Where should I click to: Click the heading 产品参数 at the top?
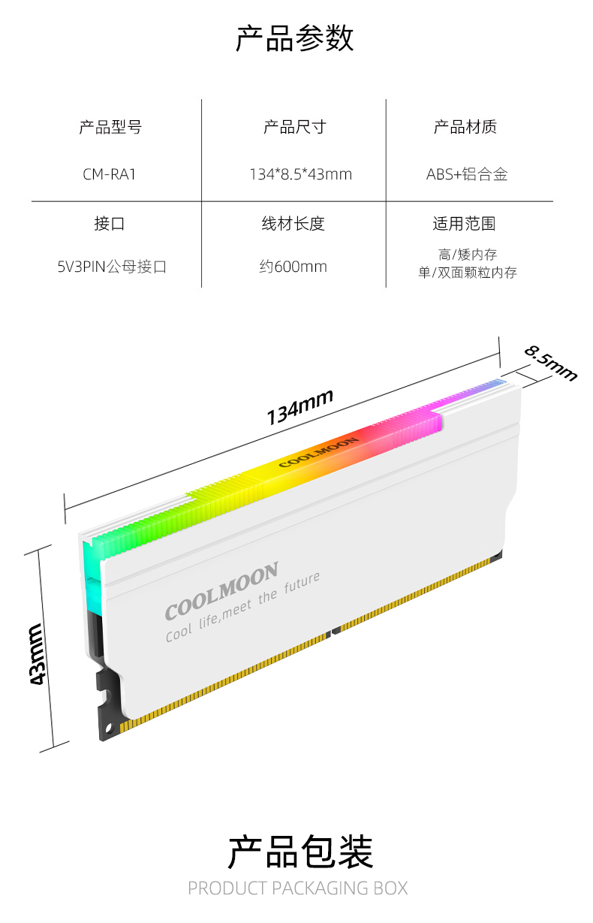pos(294,38)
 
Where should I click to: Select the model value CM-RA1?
pos(109,174)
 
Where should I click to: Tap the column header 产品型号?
pos(110,127)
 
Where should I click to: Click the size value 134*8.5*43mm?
pos(301,174)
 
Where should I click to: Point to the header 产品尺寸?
pos(295,127)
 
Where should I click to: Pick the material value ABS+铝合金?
pos(467,174)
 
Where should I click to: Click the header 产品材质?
pos(465,127)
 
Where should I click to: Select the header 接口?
pos(109,224)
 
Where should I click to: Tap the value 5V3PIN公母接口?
pos(112,267)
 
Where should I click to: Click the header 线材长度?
pos(293,224)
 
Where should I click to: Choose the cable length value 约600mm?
pos(293,267)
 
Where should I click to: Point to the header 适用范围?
pos(464,224)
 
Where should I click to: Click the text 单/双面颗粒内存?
pos(468,273)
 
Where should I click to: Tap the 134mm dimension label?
pos(300,407)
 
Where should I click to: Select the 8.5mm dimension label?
pos(550,363)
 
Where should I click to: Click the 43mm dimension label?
pos(38,654)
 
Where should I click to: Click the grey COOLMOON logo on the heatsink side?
pos(221,591)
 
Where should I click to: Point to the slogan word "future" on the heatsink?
pos(302,582)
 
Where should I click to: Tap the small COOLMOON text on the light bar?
pos(319,452)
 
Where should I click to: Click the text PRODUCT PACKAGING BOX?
pos(298,888)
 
